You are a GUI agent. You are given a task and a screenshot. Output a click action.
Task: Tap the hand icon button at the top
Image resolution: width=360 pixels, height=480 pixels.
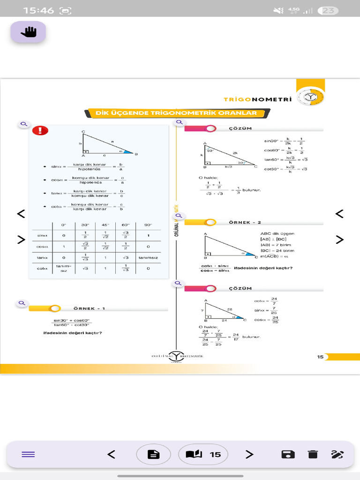point(29,32)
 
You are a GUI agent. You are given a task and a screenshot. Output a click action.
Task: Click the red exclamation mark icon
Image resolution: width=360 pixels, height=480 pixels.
point(40,131)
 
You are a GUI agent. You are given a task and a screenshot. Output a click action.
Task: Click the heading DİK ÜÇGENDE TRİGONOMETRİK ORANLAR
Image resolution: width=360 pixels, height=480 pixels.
point(176,113)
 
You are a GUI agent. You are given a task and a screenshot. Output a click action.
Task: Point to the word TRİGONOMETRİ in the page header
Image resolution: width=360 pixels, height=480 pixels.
point(257,99)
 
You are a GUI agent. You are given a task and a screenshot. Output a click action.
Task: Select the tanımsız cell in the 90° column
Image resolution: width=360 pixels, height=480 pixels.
point(148,257)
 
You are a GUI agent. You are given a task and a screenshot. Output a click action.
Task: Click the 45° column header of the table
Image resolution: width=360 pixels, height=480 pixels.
point(105,225)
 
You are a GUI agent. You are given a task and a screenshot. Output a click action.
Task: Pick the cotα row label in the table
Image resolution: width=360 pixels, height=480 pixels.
point(43,269)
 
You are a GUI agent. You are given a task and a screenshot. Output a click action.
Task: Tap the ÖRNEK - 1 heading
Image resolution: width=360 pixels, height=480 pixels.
point(89,308)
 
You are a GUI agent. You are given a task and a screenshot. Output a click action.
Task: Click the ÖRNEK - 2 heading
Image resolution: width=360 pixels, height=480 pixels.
point(245,222)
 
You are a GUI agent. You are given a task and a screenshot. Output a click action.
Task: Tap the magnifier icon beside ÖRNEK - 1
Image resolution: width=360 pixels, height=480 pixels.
point(22,303)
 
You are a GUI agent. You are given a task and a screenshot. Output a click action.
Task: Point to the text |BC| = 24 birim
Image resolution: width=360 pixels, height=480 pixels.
point(277,250)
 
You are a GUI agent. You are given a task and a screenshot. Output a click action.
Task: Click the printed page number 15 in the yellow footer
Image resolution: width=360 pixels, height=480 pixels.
point(320,357)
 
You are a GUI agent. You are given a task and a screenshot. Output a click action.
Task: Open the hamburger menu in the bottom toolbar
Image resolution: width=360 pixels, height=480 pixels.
point(28,454)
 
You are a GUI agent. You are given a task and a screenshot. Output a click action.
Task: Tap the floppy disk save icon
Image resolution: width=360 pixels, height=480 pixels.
point(287,454)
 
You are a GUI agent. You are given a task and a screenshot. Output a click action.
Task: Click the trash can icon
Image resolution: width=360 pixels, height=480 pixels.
point(313,454)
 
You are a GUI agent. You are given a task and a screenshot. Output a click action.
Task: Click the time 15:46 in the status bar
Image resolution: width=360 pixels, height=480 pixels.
point(38,10)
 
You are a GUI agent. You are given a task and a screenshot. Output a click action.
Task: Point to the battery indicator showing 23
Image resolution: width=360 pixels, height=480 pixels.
point(328,11)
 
